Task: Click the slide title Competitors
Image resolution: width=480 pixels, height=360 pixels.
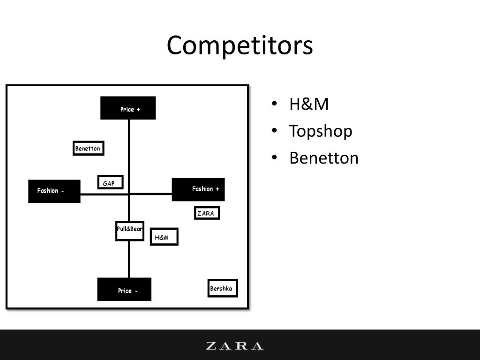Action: click(240, 46)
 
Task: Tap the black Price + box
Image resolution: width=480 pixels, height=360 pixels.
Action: click(128, 108)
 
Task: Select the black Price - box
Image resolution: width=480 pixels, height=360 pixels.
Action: click(124, 289)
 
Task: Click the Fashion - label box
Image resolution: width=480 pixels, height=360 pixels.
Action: click(54, 191)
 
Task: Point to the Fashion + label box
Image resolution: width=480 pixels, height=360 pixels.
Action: click(198, 189)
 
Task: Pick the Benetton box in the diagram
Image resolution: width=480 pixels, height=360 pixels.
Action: click(88, 148)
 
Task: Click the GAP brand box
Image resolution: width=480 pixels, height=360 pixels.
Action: click(110, 182)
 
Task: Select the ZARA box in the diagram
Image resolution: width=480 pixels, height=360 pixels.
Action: click(207, 213)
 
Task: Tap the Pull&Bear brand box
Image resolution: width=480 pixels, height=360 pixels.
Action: click(129, 230)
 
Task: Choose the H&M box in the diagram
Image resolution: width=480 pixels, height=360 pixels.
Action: click(164, 237)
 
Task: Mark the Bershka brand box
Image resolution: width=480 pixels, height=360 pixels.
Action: click(222, 288)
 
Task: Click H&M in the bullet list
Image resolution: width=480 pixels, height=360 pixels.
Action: click(309, 104)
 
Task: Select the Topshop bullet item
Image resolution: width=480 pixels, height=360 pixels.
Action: click(321, 131)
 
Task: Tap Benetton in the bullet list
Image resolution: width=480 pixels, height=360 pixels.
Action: click(323, 158)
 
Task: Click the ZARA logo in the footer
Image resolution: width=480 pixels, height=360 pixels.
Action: click(235, 346)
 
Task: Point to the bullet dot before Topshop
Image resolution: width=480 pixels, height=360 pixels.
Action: click(275, 131)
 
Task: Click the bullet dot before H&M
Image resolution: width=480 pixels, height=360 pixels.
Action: click(275, 104)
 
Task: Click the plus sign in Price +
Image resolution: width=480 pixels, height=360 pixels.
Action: click(138, 109)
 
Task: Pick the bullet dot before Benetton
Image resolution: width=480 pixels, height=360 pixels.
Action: click(275, 158)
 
